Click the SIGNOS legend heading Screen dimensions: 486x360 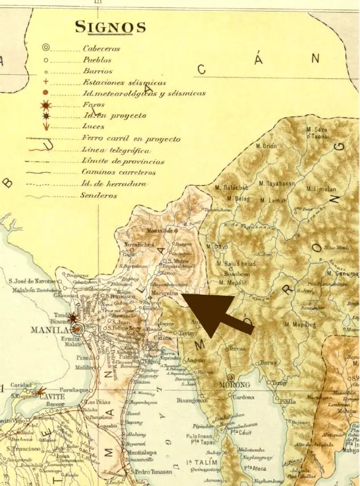(111, 27)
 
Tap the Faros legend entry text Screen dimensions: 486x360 (94, 105)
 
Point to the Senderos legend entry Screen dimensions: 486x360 (99, 195)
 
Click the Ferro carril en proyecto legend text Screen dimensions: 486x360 (131, 139)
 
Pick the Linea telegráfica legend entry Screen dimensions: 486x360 (116, 150)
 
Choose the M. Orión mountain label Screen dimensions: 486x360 (266, 146)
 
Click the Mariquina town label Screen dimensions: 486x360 (166, 294)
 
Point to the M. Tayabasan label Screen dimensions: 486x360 (277, 183)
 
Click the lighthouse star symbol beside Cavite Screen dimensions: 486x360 (40, 391)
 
